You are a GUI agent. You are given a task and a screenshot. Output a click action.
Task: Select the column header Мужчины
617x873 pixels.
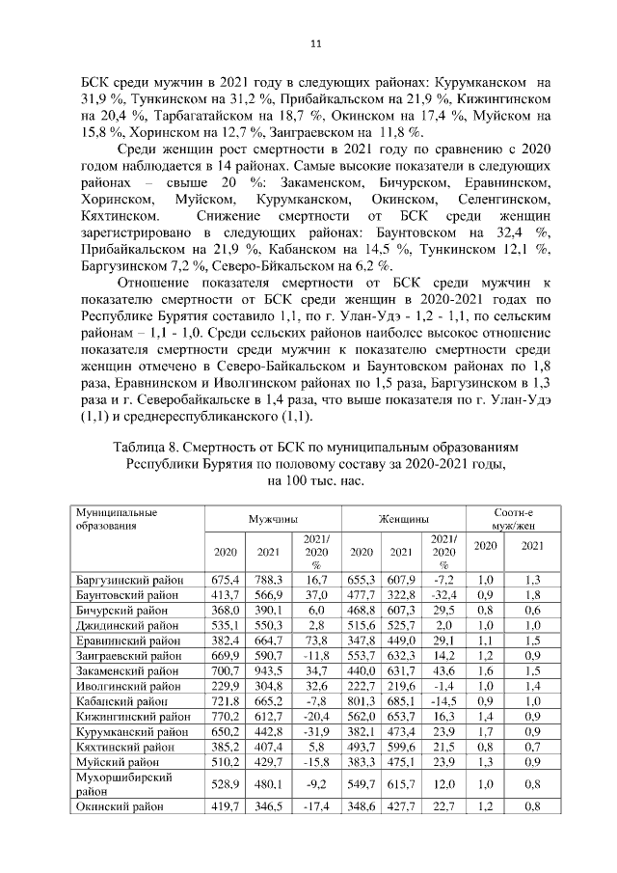coord(272,518)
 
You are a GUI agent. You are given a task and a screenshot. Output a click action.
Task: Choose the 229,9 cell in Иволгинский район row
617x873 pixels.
coord(225,686)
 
